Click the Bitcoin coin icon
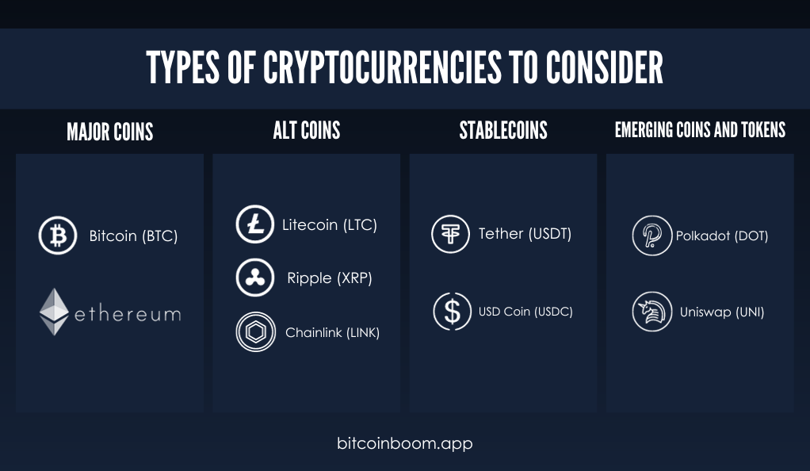pyautogui.click(x=58, y=235)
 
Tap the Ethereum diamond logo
pyautogui.click(x=54, y=312)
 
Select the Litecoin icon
pyautogui.click(x=254, y=224)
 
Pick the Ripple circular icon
pyautogui.click(x=254, y=278)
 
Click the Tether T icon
pyautogui.click(x=450, y=234)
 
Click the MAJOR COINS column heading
pyautogui.click(x=110, y=132)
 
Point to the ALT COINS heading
pyautogui.click(x=307, y=130)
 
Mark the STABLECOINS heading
pyautogui.click(x=503, y=130)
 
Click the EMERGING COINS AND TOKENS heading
pyautogui.click(x=700, y=130)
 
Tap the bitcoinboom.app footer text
pyautogui.click(x=404, y=443)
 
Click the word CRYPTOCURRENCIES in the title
pyautogui.click(x=382, y=67)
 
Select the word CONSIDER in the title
pyautogui.click(x=605, y=67)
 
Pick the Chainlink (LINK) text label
pyautogui.click(x=332, y=332)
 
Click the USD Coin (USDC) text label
pyautogui.click(x=525, y=312)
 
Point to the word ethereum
pyautogui.click(x=128, y=314)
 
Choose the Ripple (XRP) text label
pyautogui.click(x=330, y=278)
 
